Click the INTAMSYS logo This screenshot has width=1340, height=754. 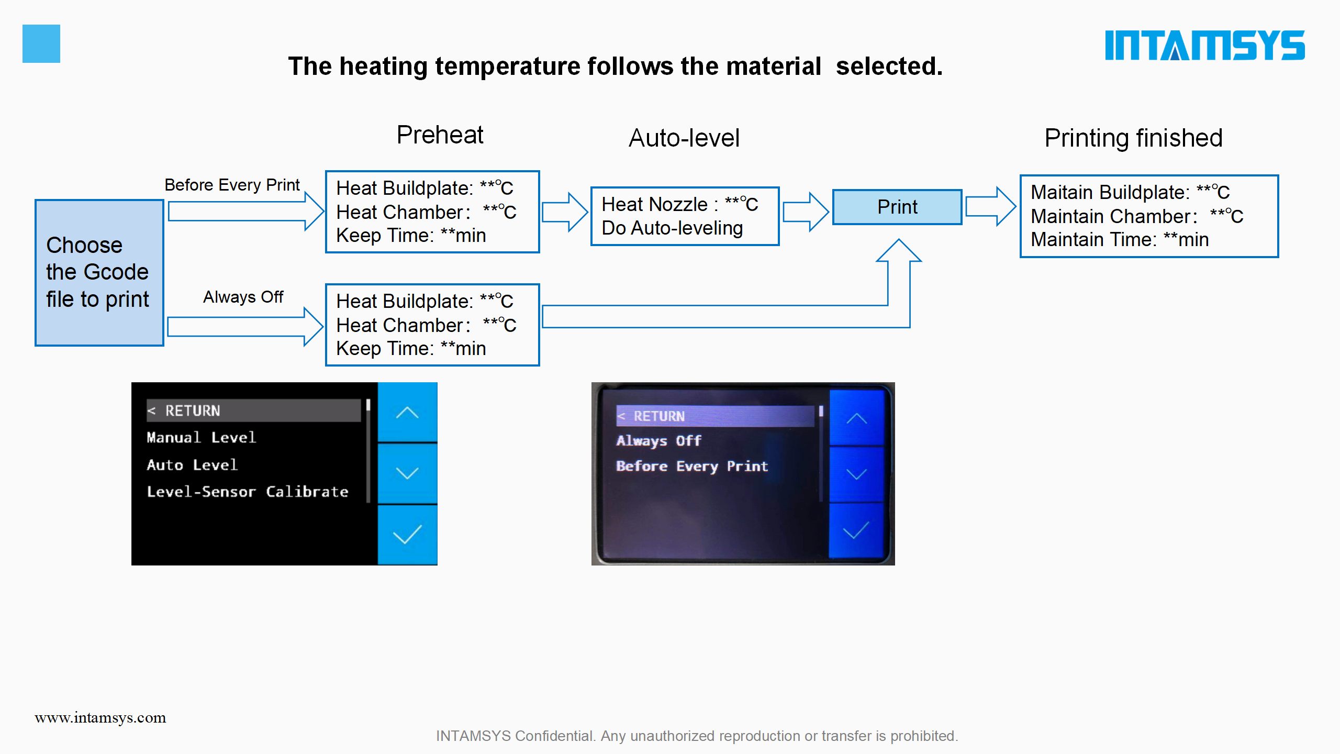tap(1204, 45)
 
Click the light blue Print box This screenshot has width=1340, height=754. tap(897, 207)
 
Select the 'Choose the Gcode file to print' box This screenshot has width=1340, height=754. tap(99, 272)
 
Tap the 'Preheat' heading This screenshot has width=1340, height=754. tap(440, 135)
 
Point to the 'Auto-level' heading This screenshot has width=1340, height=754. tap(684, 138)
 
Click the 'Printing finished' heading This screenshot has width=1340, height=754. tap(1133, 138)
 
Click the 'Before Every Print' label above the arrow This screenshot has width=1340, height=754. tap(232, 185)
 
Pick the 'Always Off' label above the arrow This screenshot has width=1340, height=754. tap(243, 297)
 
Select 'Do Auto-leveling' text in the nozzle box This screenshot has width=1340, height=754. tap(672, 228)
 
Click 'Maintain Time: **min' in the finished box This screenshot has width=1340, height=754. tap(1120, 240)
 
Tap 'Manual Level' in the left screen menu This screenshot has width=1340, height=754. tap(202, 437)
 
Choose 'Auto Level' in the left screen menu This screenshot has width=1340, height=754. tap(192, 464)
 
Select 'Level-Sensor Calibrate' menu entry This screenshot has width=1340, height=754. tap(248, 492)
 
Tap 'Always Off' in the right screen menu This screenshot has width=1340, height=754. tap(659, 441)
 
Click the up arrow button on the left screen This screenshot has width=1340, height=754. tap(407, 413)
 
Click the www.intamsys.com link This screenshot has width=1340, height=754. tap(100, 717)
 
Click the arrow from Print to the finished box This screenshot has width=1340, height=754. tap(991, 207)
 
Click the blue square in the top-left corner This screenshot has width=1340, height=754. tap(41, 43)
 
